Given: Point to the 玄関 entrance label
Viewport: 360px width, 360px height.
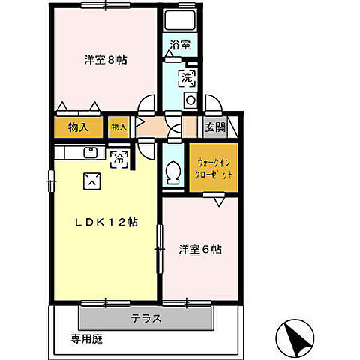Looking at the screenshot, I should click(x=215, y=127).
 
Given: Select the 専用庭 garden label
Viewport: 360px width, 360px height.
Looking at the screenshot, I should click(x=86, y=337).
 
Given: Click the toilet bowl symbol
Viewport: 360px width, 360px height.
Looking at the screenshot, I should click(x=174, y=173).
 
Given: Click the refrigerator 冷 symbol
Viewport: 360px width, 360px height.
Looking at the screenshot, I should click(x=118, y=157).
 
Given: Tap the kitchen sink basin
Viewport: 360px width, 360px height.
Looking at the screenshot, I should click(x=91, y=154).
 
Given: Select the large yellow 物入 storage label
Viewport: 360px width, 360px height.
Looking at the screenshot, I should click(x=77, y=127).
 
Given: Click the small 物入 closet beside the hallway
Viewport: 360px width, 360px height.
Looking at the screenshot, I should click(x=118, y=127).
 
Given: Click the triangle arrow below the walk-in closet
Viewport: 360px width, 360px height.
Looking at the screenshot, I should click(x=218, y=202).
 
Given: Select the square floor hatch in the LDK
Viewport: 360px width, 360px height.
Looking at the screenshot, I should click(x=92, y=179).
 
